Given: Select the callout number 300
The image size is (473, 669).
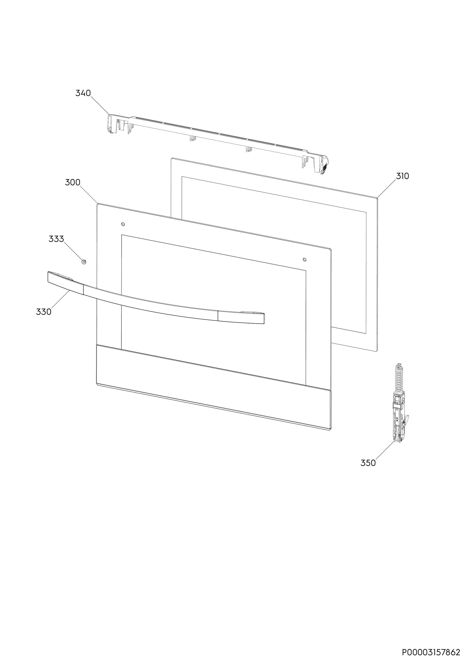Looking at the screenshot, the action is (x=73, y=182).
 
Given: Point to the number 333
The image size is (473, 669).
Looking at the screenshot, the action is (x=56, y=239).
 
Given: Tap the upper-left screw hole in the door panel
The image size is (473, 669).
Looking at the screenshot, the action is (x=123, y=224).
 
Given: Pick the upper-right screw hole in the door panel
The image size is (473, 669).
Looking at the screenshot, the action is (x=304, y=259).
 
